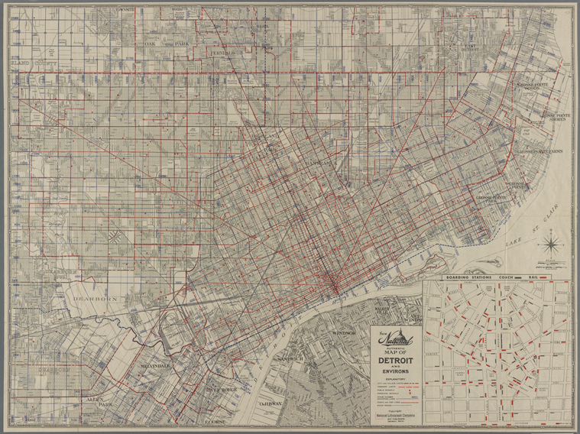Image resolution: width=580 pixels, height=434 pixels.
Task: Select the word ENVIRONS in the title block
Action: [394, 371]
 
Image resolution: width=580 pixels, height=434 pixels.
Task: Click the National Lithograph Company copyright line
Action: [394, 416]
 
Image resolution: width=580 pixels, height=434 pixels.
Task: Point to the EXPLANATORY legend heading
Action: [394, 379]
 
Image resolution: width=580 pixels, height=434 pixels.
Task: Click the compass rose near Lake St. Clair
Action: [549, 245]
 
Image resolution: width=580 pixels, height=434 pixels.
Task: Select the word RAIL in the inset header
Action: [543, 276]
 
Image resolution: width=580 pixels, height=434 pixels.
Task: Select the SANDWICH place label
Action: [291, 358]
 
